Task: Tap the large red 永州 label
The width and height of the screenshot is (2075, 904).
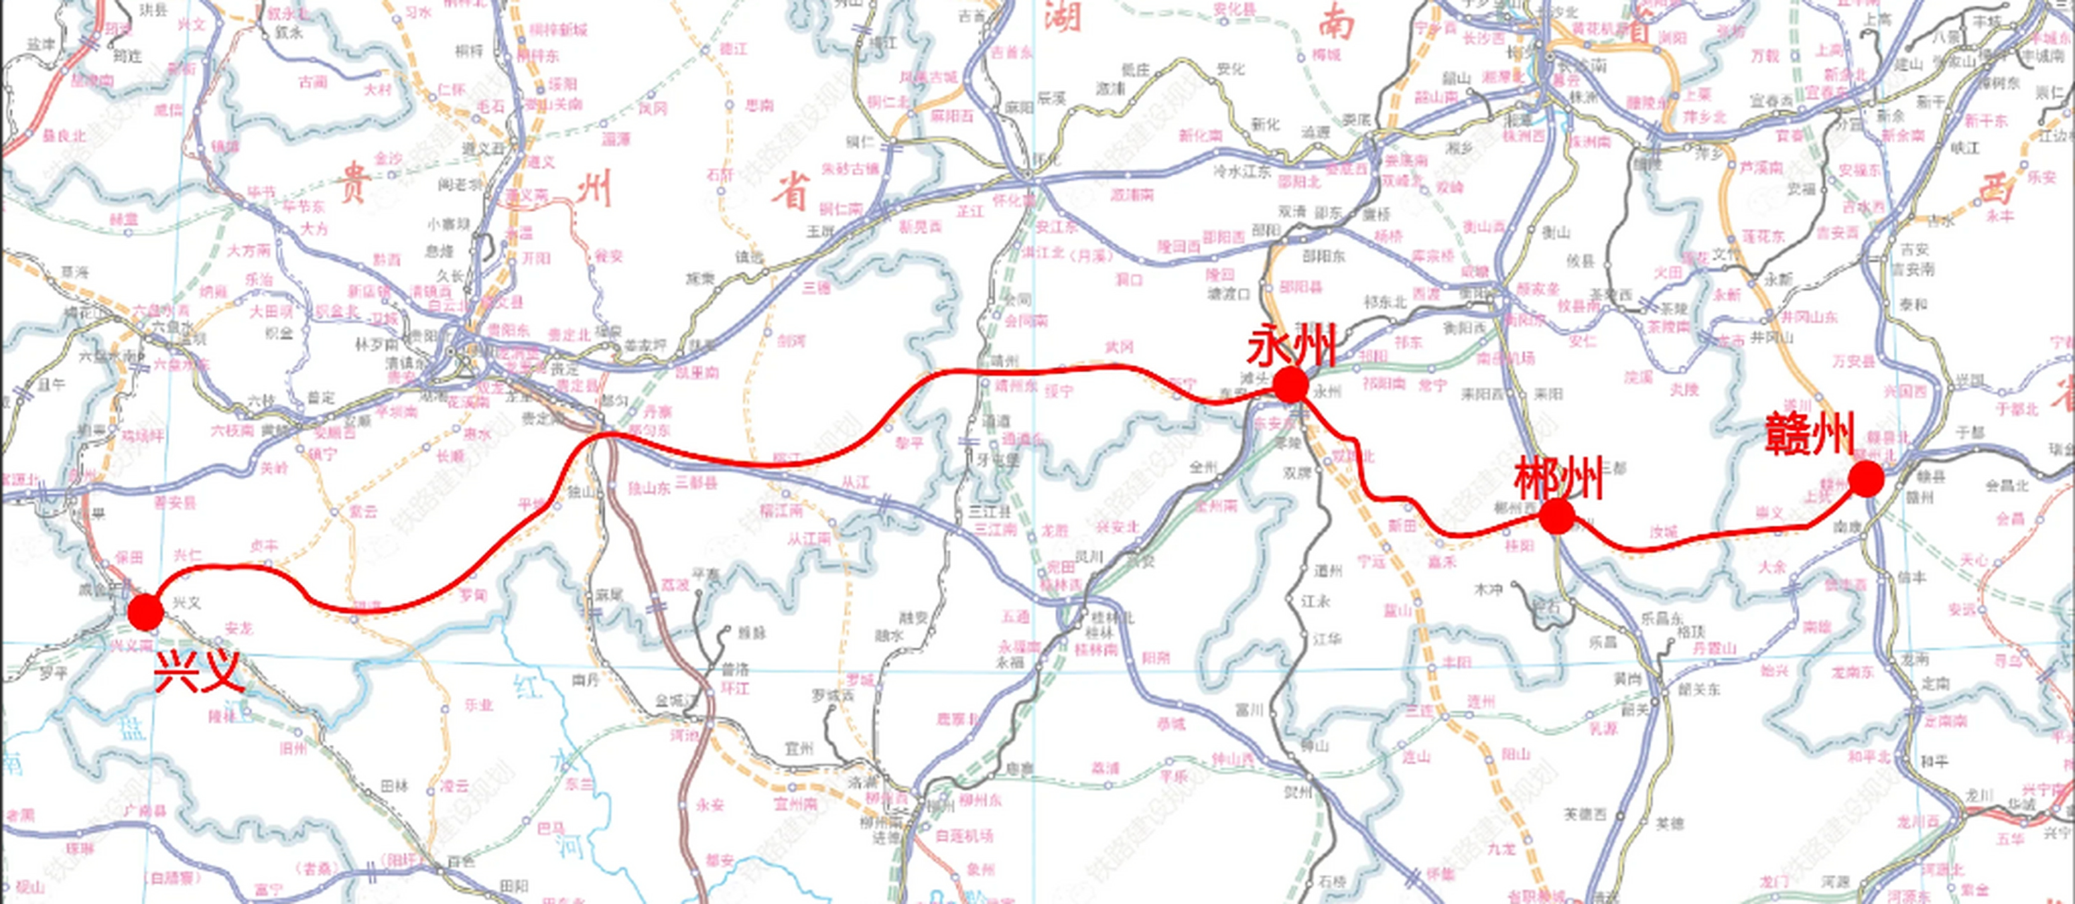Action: pyautogui.click(x=1290, y=347)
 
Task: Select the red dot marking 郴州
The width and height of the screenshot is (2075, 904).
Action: pyautogui.click(x=1556, y=516)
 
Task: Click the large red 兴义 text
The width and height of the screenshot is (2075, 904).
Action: pyautogui.click(x=198, y=671)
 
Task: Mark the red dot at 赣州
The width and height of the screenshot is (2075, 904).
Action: pyautogui.click(x=1865, y=480)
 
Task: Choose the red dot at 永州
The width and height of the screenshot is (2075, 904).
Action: pyautogui.click(x=1289, y=385)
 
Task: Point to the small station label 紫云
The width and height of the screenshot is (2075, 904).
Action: pyautogui.click(x=363, y=511)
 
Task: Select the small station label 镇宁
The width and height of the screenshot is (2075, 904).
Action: pyautogui.click(x=321, y=454)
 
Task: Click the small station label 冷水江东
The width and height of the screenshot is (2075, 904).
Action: pyautogui.click(x=1241, y=171)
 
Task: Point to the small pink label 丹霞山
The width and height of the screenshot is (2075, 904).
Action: pyautogui.click(x=1711, y=648)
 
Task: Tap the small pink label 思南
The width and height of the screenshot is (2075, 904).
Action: pyautogui.click(x=759, y=105)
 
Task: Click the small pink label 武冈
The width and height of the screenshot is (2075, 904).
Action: pyautogui.click(x=1119, y=347)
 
